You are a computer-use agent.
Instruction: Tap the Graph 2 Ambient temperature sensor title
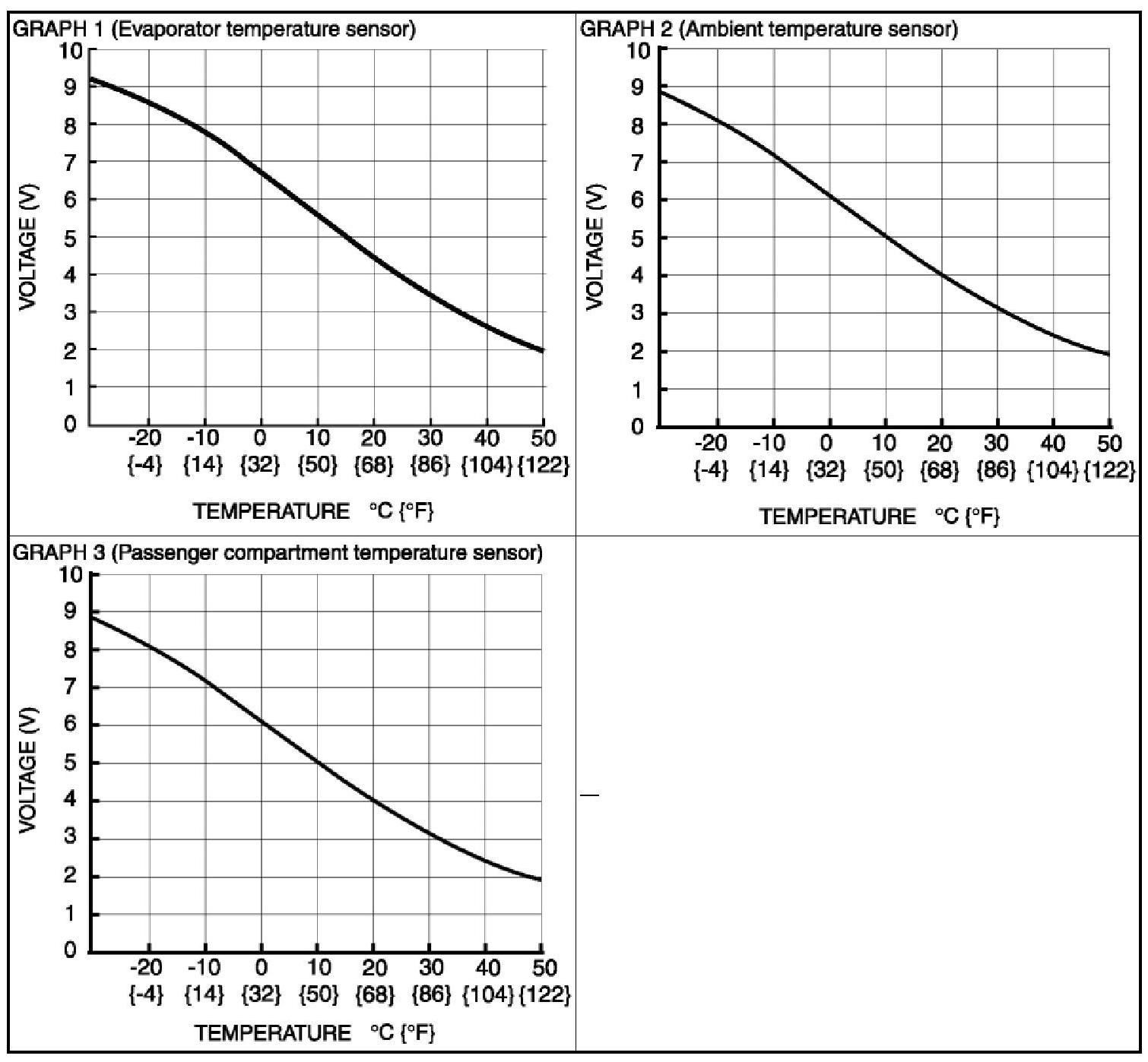pyautogui.click(x=769, y=30)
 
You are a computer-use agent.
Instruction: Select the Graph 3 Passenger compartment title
pyautogui.click(x=278, y=552)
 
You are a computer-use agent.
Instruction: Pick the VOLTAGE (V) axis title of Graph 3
pyautogui.click(x=28, y=771)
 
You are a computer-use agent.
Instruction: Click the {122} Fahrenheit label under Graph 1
pyautogui.click(x=543, y=465)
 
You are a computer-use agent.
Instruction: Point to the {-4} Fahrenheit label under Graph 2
pyautogui.click(x=710, y=470)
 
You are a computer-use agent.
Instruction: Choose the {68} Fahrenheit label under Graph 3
pyautogui.click(x=374, y=994)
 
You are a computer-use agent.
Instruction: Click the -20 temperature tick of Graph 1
pyautogui.click(x=146, y=438)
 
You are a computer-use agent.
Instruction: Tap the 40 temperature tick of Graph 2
pyautogui.click(x=1053, y=442)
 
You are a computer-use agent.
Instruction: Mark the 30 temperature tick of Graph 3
pyautogui.click(x=430, y=968)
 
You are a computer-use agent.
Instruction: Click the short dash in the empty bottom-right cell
pyautogui.click(x=589, y=795)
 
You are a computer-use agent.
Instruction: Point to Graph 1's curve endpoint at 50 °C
pyautogui.click(x=543, y=350)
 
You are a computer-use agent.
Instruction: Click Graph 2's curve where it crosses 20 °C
pyautogui.click(x=941, y=274)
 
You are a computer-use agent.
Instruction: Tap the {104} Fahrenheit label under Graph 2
pyautogui.click(x=1053, y=470)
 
